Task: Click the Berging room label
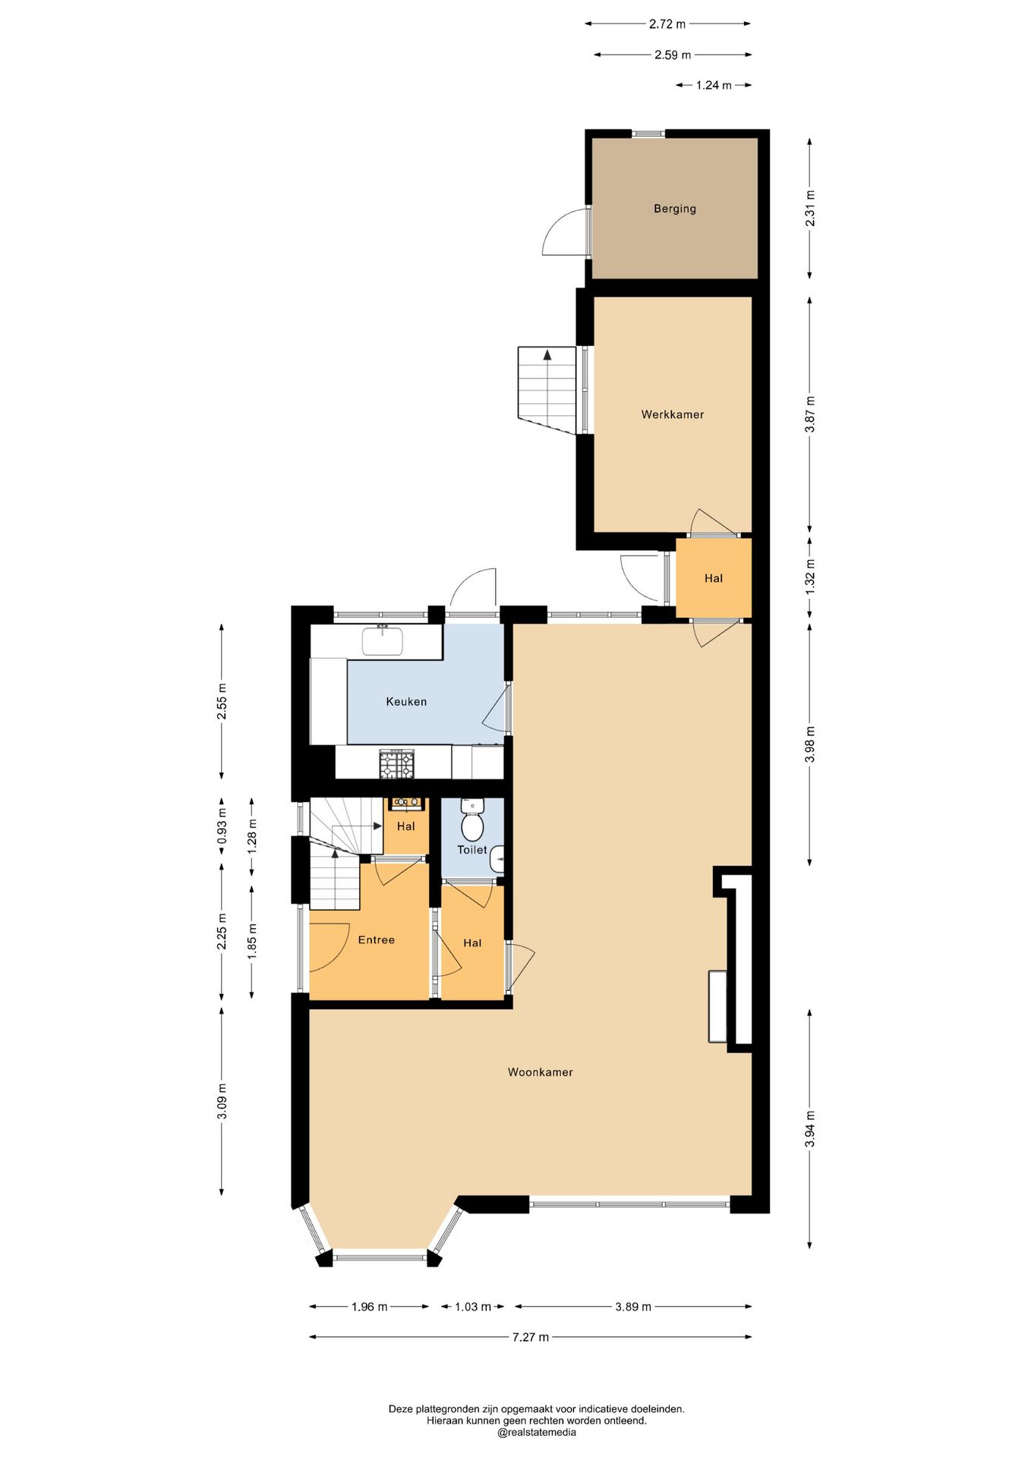pos(674,209)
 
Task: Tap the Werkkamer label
pos(673,414)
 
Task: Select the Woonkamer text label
pos(540,1072)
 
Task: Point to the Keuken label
pos(406,702)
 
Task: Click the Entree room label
pos(377,940)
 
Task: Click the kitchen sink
pos(383,640)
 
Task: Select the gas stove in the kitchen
pos(397,763)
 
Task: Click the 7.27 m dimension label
pos(530,1337)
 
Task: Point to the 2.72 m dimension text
pos(667,24)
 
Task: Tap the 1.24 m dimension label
pos(714,85)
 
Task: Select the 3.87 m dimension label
pos(810,414)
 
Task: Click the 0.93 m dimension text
pos(222,826)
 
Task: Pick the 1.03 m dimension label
pos(473,1307)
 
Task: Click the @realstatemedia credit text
pos(537,1433)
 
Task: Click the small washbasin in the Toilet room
pos(497,859)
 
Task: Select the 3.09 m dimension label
pos(222,1101)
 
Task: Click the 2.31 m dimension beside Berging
pos(810,207)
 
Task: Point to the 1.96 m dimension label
pos(369,1307)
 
